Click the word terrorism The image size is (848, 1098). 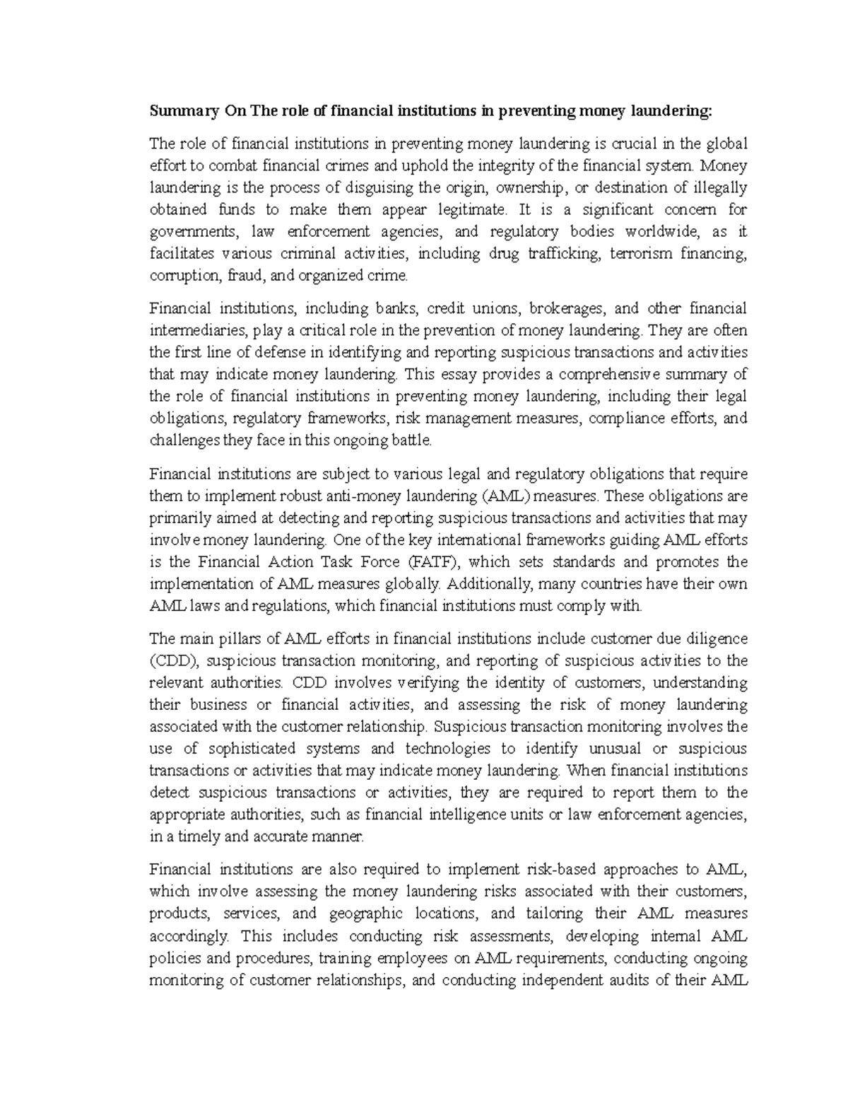(x=639, y=254)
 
